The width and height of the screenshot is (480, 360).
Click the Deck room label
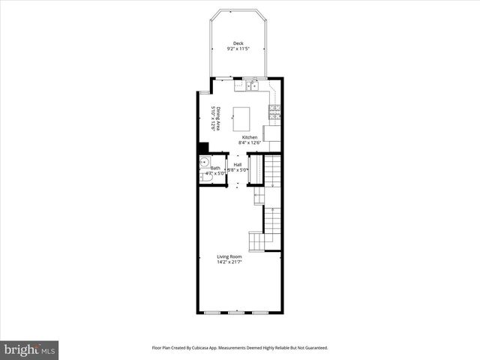tap(238, 43)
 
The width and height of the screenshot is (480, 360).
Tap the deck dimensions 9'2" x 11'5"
tap(238, 49)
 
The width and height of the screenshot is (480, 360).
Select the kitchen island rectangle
tap(241, 118)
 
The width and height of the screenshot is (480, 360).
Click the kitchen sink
tap(251, 86)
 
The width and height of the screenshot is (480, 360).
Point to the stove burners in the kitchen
tap(275, 113)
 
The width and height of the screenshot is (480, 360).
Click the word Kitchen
tap(249, 137)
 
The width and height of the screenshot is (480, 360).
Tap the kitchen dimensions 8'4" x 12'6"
tap(249, 142)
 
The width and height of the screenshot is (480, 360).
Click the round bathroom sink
tap(203, 162)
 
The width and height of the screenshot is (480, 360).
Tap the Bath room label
tap(215, 168)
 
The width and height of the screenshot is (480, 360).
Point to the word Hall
tap(238, 164)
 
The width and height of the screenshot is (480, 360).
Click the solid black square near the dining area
tap(203, 147)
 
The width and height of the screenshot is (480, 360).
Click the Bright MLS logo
tap(30, 349)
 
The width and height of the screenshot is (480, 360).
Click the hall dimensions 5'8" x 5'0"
tap(238, 170)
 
